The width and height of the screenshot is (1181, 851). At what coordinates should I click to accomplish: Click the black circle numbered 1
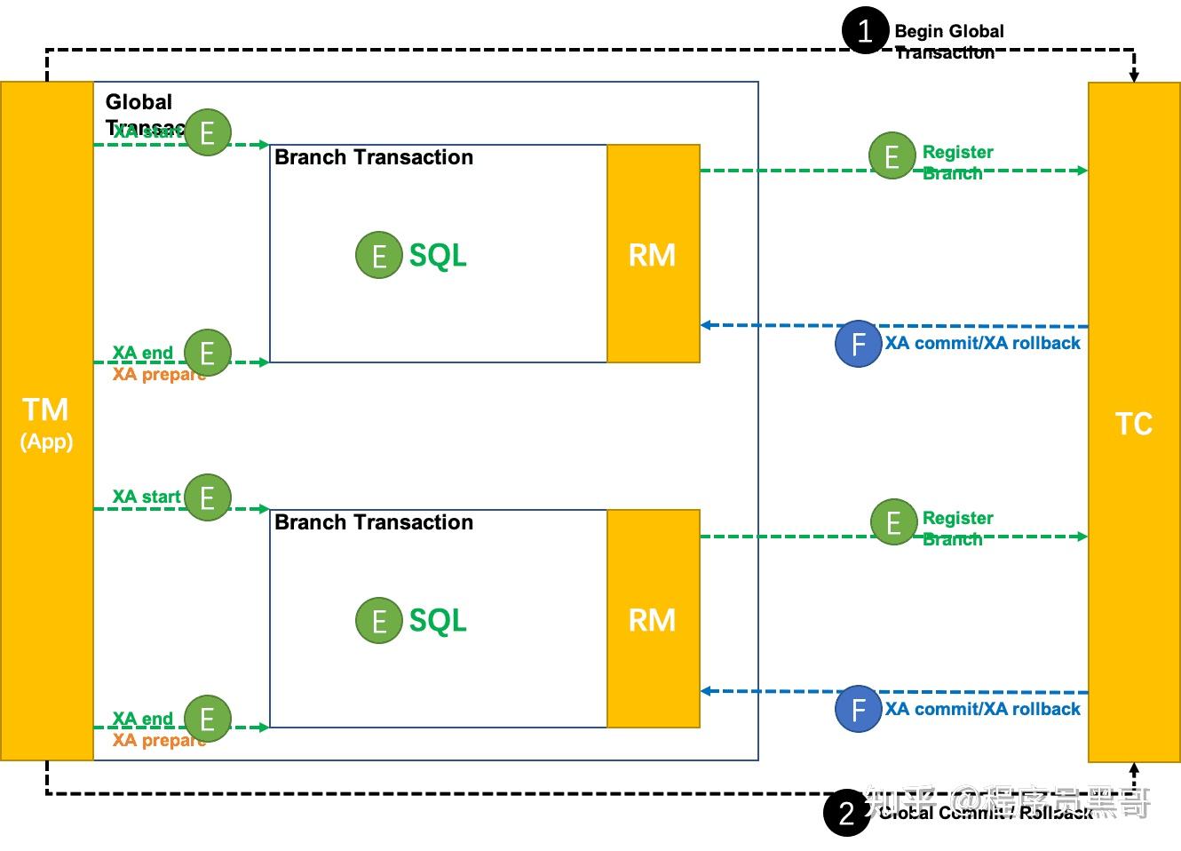[865, 31]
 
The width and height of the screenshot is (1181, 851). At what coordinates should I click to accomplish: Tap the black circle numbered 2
[846, 812]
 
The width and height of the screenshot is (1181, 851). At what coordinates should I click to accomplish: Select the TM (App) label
[46, 421]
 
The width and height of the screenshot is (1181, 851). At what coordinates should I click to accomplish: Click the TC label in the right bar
[1134, 424]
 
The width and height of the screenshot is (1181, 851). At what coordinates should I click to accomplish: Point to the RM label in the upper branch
[652, 255]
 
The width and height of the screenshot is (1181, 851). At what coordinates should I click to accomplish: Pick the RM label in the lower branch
[652, 620]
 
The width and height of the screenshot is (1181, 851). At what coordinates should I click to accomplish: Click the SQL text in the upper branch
[438, 256]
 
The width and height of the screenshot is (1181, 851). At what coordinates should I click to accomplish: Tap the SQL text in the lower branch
[438, 621]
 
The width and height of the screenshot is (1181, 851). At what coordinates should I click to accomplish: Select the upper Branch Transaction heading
[374, 157]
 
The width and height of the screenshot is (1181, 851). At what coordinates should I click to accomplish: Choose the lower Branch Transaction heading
[374, 522]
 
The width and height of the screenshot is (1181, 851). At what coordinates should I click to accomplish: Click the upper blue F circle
[858, 344]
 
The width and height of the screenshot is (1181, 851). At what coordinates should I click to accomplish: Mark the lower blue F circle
[858, 709]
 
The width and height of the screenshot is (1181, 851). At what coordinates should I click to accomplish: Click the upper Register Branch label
[957, 163]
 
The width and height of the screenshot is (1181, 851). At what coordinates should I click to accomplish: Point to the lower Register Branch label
[957, 529]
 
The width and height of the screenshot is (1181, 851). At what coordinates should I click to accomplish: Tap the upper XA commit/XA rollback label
[982, 344]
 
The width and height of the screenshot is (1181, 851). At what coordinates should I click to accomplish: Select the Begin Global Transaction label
[948, 41]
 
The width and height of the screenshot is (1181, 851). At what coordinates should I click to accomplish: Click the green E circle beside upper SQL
[378, 256]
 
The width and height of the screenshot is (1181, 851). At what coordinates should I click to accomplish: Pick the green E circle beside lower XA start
[207, 497]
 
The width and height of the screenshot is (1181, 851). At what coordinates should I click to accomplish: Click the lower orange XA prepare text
[158, 740]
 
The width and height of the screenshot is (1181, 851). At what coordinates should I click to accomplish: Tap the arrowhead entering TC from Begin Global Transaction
[1134, 76]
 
